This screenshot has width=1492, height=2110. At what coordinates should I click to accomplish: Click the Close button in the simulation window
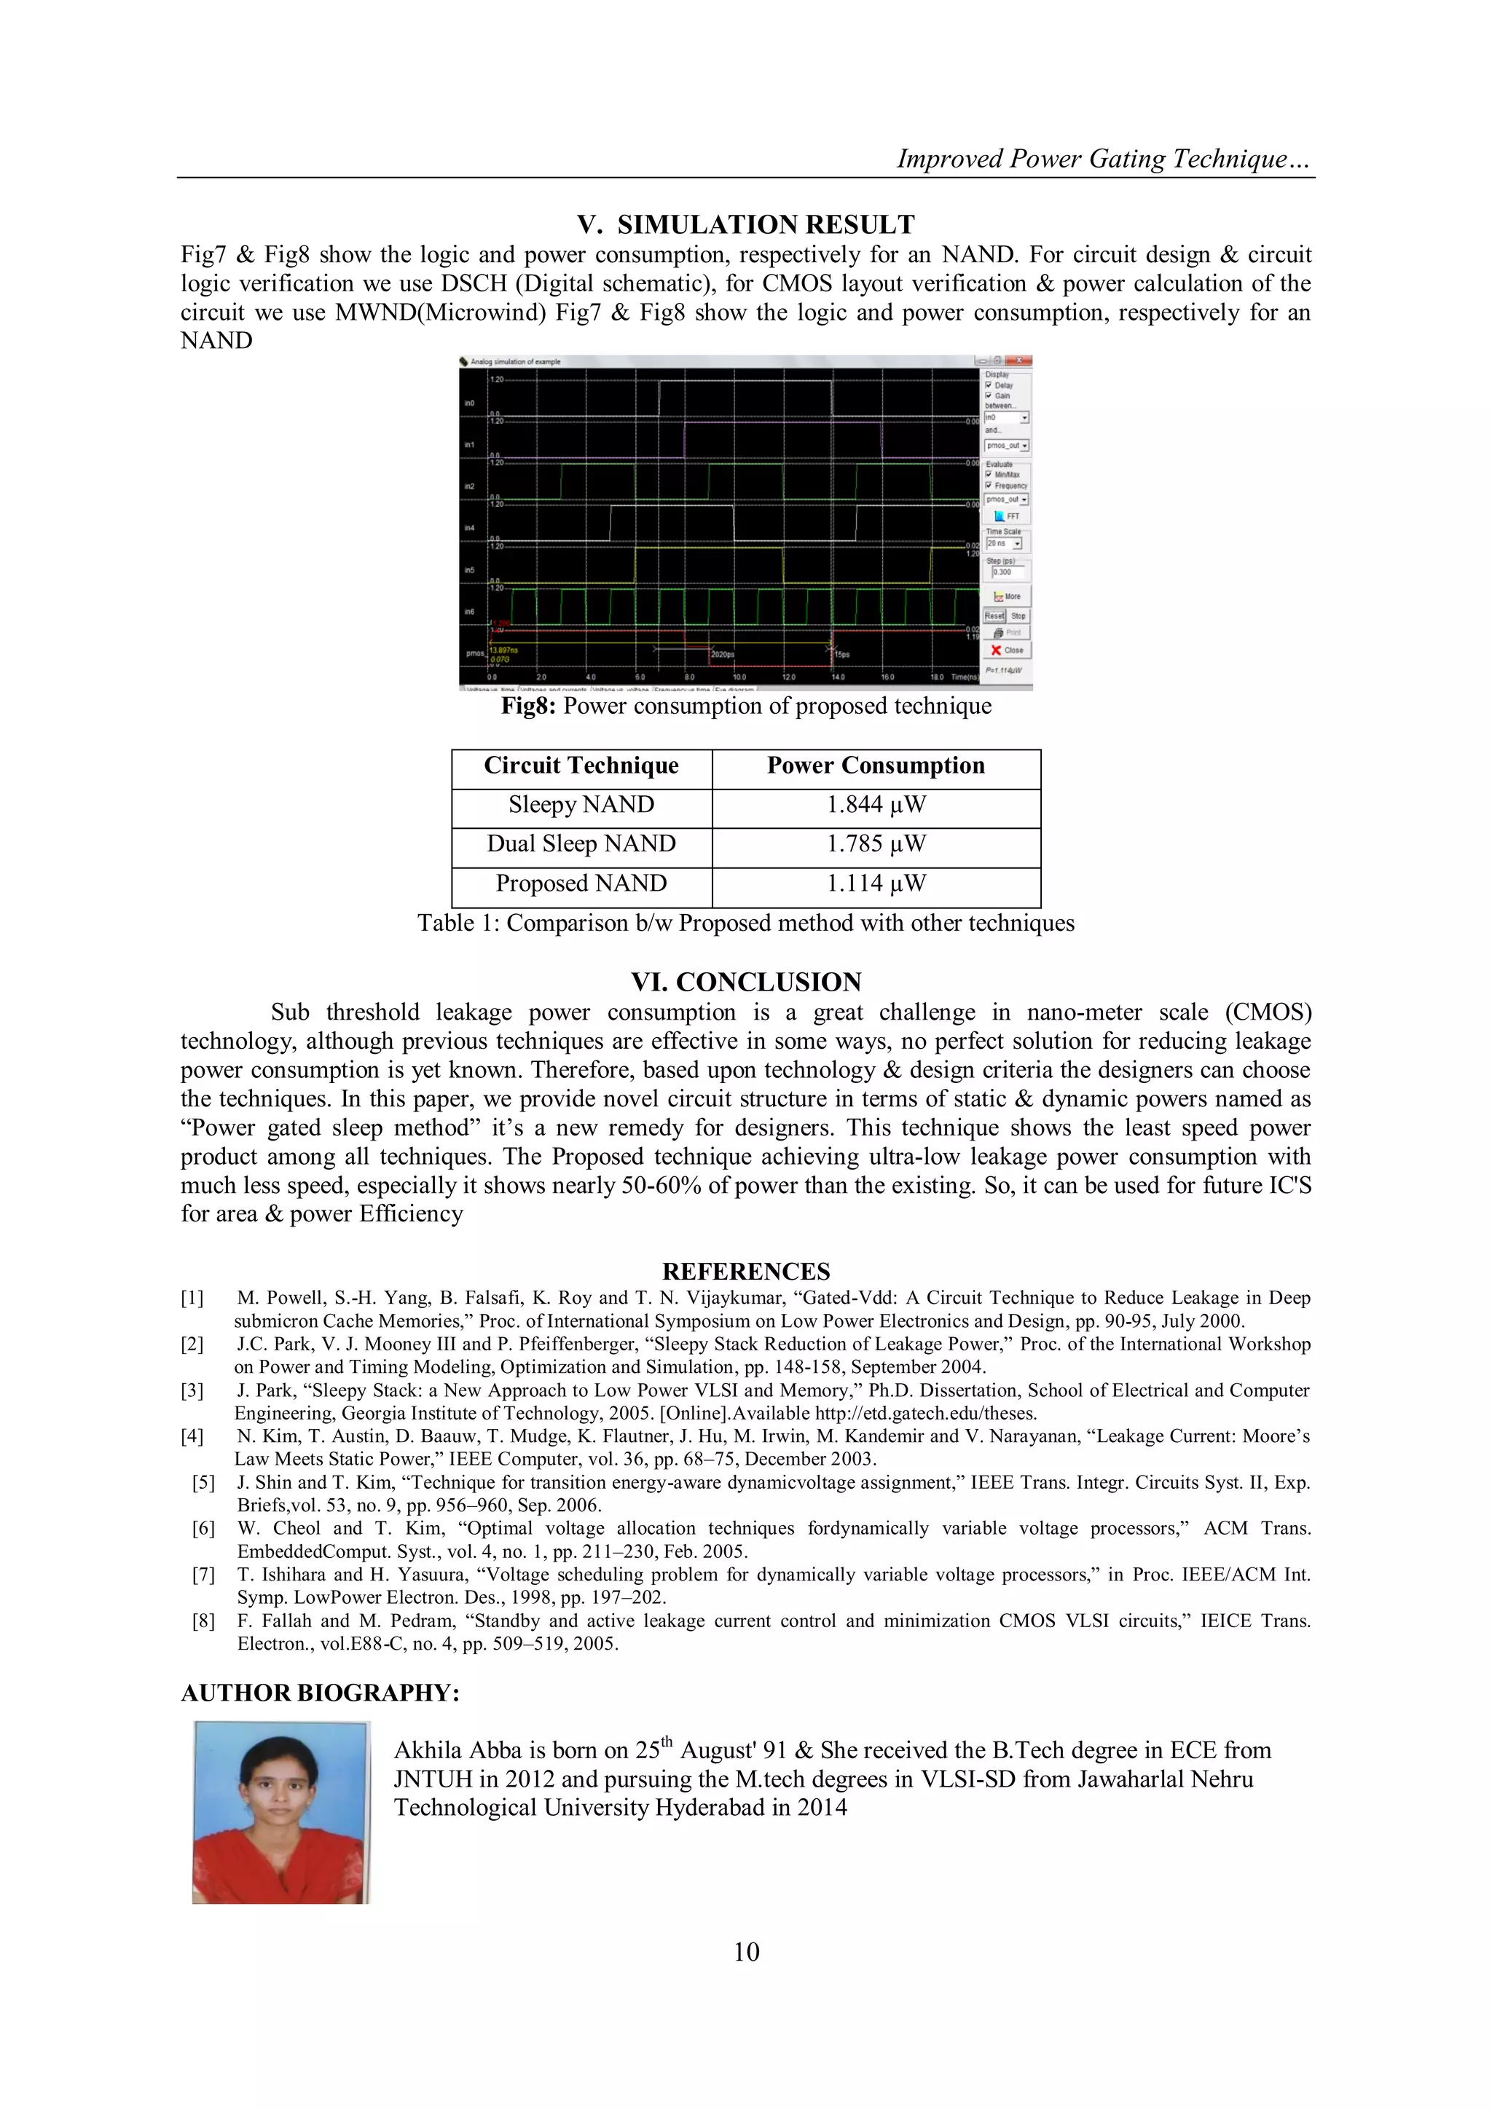click(x=1008, y=650)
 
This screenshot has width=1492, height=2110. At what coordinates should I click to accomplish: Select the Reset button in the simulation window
click(x=994, y=615)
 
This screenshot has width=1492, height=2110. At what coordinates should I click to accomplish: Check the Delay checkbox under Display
click(x=989, y=386)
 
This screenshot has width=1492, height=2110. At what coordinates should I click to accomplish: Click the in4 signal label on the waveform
click(x=470, y=529)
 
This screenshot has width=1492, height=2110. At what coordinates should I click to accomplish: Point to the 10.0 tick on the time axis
click(x=739, y=677)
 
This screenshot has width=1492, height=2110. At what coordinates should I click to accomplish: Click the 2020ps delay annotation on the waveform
click(x=723, y=654)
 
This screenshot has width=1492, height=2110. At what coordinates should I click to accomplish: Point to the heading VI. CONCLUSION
click(x=745, y=983)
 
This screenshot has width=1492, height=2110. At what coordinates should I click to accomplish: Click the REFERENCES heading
click(x=745, y=1272)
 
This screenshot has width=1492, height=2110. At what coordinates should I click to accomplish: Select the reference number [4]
click(x=192, y=1436)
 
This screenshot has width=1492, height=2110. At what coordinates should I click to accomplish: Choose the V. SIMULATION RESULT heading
click(x=745, y=225)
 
